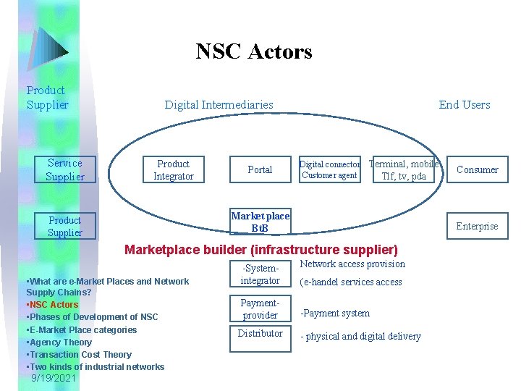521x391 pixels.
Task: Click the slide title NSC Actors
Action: click(x=254, y=51)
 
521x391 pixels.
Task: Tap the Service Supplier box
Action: click(x=65, y=170)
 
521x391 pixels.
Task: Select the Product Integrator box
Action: click(x=173, y=170)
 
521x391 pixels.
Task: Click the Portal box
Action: click(x=260, y=170)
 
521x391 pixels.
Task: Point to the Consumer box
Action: click(x=477, y=170)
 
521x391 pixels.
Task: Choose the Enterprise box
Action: click(x=477, y=226)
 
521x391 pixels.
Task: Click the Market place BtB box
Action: click(x=260, y=222)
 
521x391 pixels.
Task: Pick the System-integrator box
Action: click(x=260, y=275)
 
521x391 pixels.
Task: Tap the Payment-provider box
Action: click(x=260, y=309)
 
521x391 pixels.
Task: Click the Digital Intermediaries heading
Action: click(x=219, y=105)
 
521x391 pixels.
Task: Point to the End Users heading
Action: click(x=464, y=105)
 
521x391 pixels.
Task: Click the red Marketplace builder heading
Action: click(x=261, y=250)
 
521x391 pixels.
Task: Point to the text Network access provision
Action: click(x=352, y=264)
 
